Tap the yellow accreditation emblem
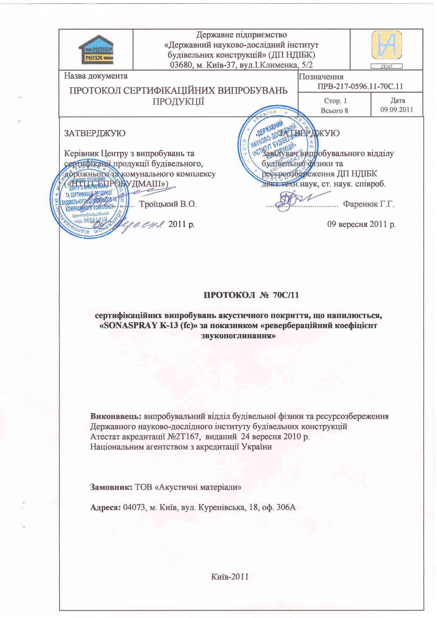386,45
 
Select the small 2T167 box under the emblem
386,66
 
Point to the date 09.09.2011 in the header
397,110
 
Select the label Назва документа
96,76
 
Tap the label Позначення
321,77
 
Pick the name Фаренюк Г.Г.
369,204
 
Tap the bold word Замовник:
111,487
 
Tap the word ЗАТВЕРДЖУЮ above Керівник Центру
95,133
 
